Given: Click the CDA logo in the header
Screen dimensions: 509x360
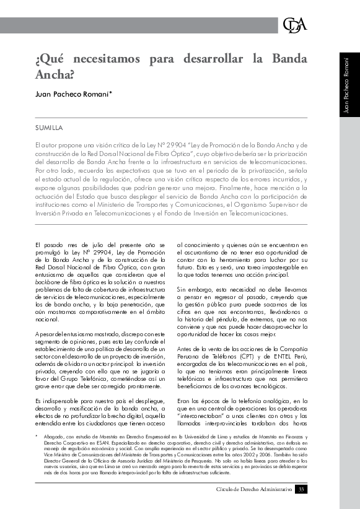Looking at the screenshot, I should click(x=294, y=25).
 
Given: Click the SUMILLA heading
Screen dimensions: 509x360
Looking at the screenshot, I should click(x=49, y=128).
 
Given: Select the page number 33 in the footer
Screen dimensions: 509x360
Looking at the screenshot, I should click(x=301, y=490).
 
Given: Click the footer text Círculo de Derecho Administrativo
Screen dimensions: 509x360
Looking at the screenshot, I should click(x=253, y=490).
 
